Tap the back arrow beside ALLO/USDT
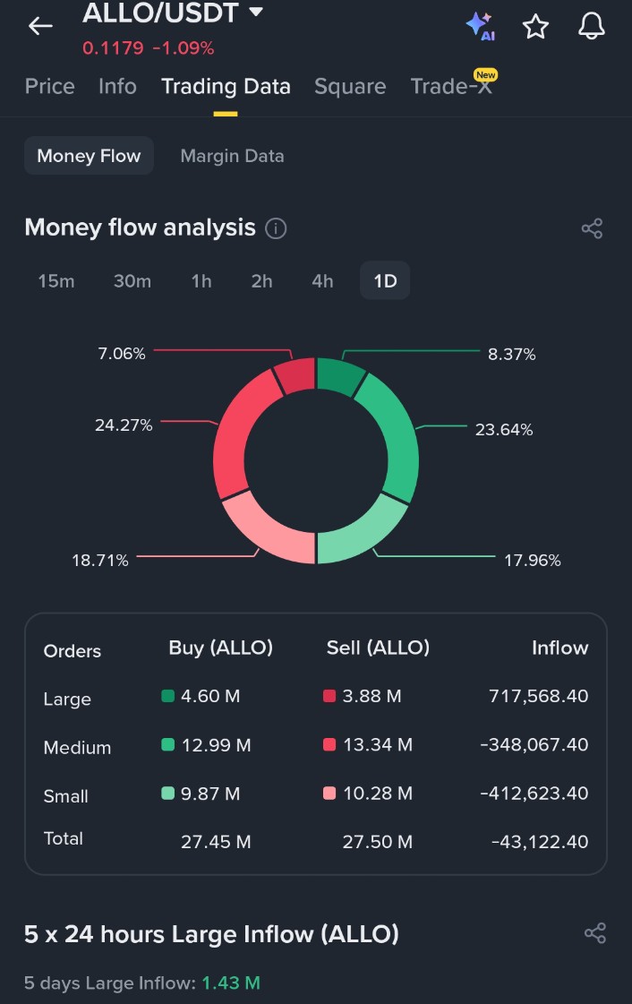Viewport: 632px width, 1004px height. (x=40, y=27)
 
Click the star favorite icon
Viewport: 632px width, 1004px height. (x=535, y=27)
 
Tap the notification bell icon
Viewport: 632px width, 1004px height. (x=592, y=27)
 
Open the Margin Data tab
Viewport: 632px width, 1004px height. (x=232, y=156)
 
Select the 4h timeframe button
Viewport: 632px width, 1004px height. (x=322, y=281)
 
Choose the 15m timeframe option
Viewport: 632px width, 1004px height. (x=56, y=281)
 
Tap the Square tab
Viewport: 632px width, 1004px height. (x=350, y=86)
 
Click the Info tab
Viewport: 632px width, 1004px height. (x=117, y=86)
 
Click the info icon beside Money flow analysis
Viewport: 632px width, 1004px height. (x=277, y=228)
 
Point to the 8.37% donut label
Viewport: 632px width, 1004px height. (x=511, y=355)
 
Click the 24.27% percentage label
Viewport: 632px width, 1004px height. (x=124, y=425)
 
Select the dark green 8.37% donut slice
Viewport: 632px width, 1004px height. (x=339, y=376)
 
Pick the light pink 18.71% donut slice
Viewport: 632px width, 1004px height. (x=266, y=529)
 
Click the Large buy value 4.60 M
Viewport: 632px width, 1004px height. (x=210, y=696)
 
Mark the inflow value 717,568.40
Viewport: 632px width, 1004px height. (x=538, y=696)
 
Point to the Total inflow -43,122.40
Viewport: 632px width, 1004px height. (x=540, y=841)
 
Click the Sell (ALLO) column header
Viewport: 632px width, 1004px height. (x=378, y=648)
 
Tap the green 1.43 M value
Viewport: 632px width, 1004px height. (x=231, y=983)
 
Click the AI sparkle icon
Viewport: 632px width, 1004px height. (x=480, y=26)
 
